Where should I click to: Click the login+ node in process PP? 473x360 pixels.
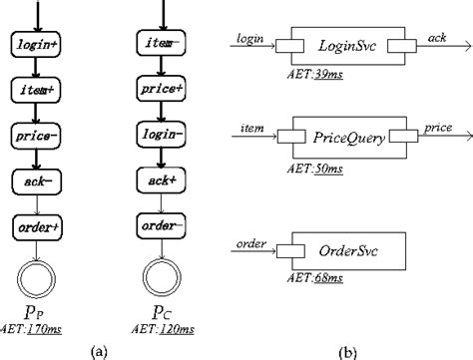pos(36,44)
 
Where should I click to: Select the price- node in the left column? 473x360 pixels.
pos(36,133)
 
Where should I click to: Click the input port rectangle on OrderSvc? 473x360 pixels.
pos(287,246)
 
